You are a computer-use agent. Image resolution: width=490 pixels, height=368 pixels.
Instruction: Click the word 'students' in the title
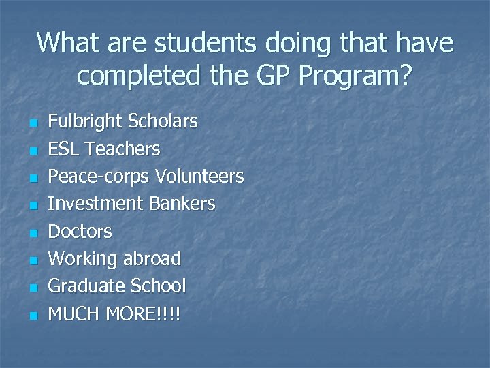click(x=205, y=44)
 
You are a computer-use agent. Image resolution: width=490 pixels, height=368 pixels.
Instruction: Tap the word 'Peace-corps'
click(x=99, y=177)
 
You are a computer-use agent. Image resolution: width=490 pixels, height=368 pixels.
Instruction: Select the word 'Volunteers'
click(x=199, y=177)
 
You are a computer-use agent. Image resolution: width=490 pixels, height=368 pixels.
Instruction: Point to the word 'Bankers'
click(x=183, y=204)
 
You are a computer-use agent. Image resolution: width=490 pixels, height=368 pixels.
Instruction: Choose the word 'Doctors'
click(x=80, y=232)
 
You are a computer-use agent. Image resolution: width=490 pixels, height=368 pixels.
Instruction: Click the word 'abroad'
click(x=152, y=259)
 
